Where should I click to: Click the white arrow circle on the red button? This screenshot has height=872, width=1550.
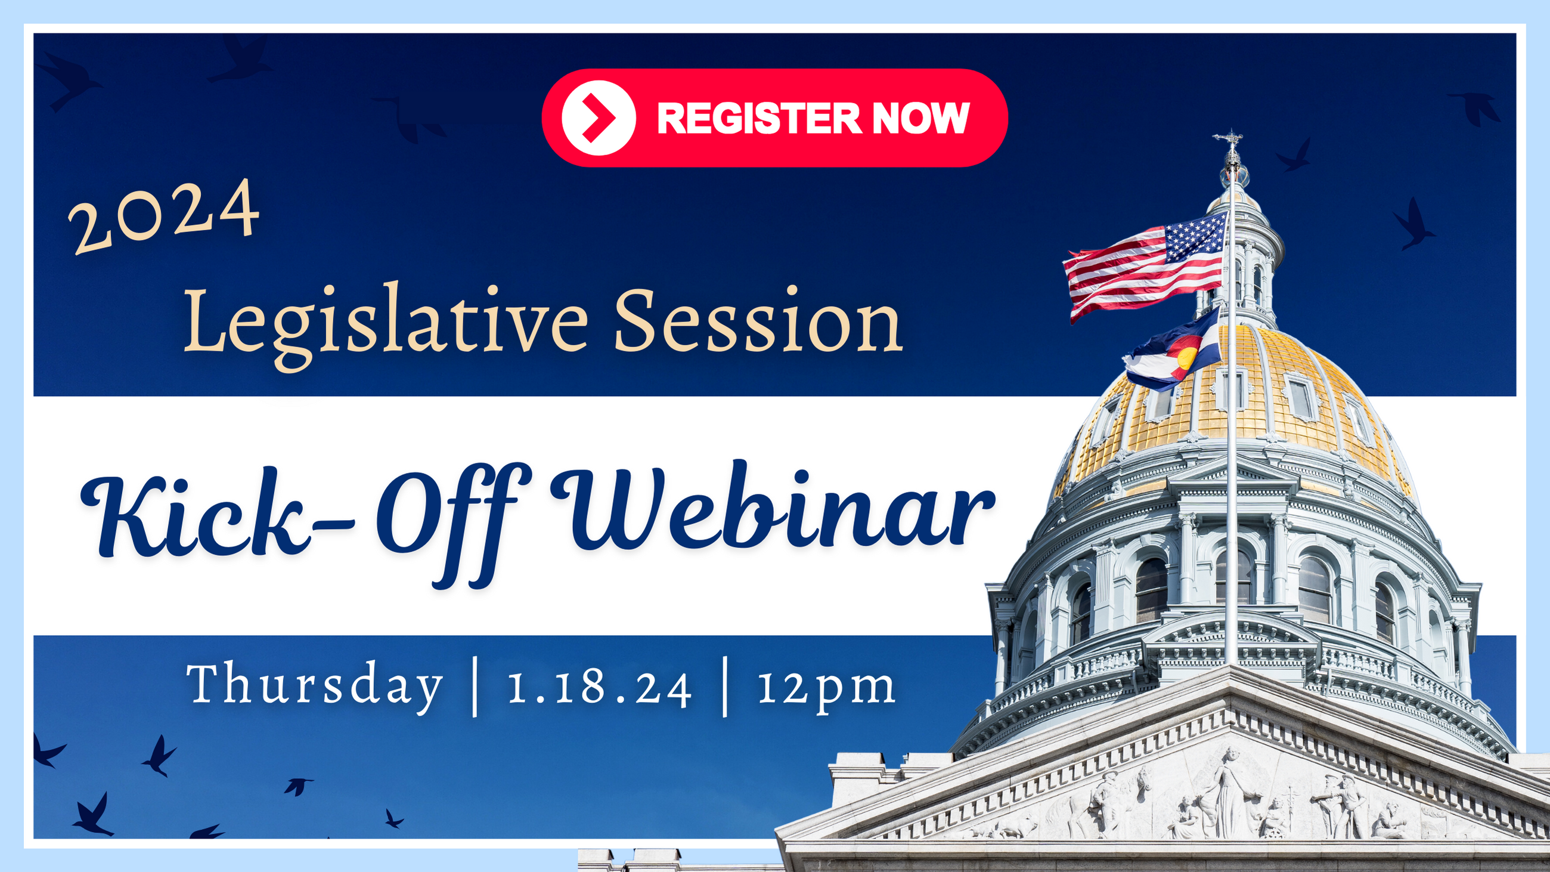(x=599, y=118)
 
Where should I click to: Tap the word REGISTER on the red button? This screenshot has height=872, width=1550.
(x=759, y=118)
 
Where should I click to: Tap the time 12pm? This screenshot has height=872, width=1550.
(x=826, y=689)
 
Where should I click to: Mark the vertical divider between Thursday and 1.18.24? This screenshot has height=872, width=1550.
(x=475, y=687)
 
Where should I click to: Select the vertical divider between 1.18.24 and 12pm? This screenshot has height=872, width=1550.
(x=725, y=687)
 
